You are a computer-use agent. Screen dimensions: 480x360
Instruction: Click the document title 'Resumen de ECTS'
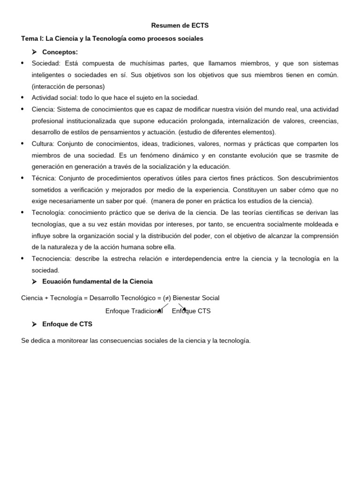(x=180, y=25)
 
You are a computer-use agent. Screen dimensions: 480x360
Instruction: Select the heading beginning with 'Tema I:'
(x=112, y=38)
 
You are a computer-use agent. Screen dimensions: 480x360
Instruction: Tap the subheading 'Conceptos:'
(x=60, y=52)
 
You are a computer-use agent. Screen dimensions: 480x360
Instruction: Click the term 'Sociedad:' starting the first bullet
(x=46, y=63)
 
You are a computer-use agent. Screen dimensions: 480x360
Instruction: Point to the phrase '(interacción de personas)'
(x=68, y=86)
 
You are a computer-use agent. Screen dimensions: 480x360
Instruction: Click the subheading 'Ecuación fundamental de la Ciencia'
(x=97, y=281)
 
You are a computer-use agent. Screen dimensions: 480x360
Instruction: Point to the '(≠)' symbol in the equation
(x=167, y=298)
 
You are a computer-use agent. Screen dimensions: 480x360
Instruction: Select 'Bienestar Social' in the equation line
(x=196, y=298)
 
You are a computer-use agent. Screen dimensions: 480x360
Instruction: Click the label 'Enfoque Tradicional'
(x=134, y=311)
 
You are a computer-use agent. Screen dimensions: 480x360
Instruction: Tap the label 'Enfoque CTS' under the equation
(x=191, y=311)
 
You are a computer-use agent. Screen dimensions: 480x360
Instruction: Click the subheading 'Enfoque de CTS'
(x=67, y=324)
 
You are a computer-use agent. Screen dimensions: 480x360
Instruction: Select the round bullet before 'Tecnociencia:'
(x=23, y=258)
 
